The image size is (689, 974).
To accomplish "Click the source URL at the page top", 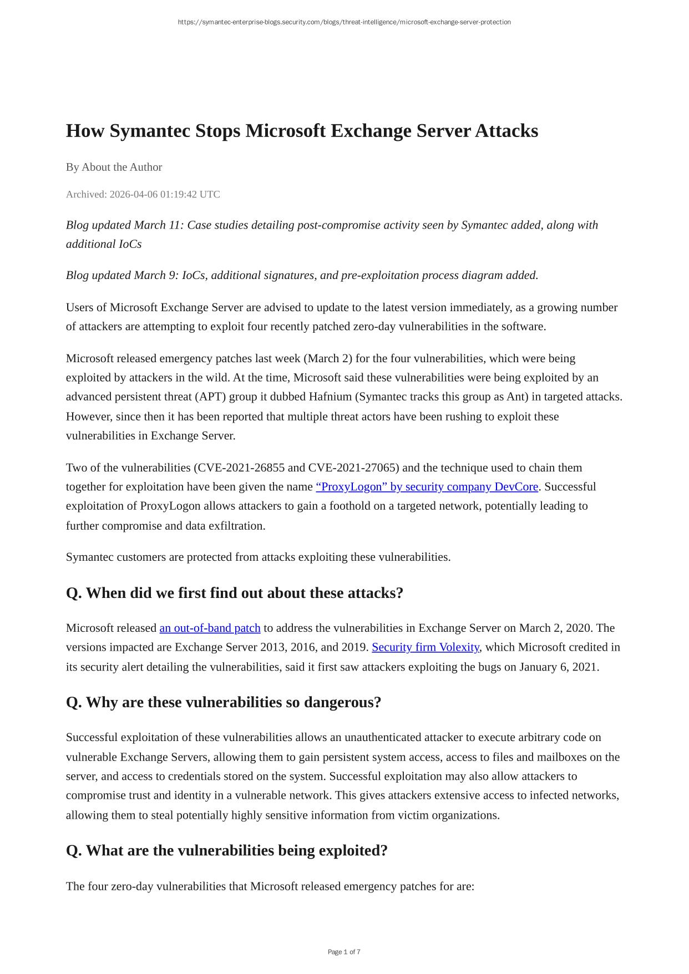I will [344, 22].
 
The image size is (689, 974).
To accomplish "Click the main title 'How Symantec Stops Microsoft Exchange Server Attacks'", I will [302, 131].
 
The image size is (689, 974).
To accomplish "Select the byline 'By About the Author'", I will [114, 167].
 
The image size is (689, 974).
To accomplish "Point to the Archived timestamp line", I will [143, 194].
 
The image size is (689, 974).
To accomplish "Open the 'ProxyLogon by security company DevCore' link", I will [427, 486].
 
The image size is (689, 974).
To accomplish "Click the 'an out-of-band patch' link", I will [210, 628].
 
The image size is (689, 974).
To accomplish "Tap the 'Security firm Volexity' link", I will [425, 647].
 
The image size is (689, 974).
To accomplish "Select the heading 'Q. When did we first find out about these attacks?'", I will [234, 593].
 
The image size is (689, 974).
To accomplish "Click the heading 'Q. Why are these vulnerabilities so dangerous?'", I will [224, 702].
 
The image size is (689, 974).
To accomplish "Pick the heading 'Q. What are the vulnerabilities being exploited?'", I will [226, 850].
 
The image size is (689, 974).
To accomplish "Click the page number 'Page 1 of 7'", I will [344, 952].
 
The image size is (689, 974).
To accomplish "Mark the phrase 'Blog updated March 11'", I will [124, 225].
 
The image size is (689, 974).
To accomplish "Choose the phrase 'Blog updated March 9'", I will [121, 275].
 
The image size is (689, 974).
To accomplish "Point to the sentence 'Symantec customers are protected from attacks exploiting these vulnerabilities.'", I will [258, 557].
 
